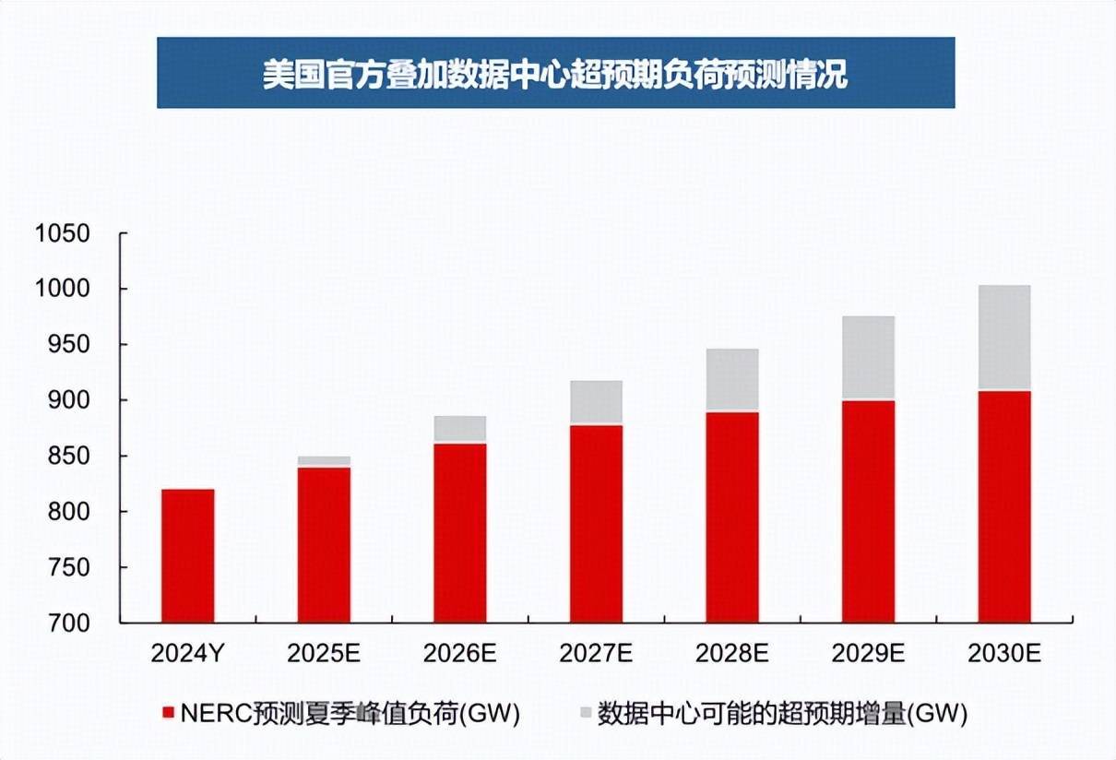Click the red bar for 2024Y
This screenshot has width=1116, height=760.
click(187, 555)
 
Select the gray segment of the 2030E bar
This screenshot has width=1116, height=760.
click(1003, 338)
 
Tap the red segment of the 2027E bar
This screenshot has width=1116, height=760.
click(596, 523)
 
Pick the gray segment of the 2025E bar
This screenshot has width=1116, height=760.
click(324, 461)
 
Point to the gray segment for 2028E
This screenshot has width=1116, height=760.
click(731, 380)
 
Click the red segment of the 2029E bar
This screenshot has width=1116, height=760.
click(868, 511)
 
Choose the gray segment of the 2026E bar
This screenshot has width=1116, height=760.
click(459, 430)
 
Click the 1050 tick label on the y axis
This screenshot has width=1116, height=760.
click(63, 233)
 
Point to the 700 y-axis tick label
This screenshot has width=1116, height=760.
click(70, 623)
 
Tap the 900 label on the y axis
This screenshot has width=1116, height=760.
click(70, 400)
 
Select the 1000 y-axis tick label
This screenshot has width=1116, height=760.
click(63, 290)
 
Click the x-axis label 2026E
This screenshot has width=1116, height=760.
click(459, 654)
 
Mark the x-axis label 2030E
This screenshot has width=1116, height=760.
click(1003, 654)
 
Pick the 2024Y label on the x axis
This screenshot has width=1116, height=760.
click(187, 654)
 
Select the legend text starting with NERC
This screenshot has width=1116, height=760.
click(350, 713)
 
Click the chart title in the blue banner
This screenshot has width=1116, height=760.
click(555, 74)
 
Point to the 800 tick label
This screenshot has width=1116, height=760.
click(70, 512)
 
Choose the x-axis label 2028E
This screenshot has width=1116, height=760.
click(731, 654)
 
